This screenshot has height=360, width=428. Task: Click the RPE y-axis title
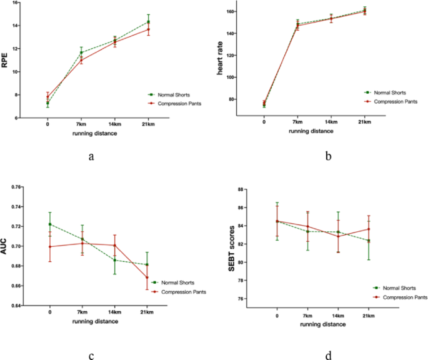pos(4,60)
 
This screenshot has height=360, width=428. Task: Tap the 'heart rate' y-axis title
pos(220,58)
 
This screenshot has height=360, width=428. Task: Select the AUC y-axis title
pos(4,247)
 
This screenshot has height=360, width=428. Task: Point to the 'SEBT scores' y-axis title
pos(231,248)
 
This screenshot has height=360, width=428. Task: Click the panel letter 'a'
pos(91,156)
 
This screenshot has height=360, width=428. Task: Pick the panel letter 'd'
pos(329,355)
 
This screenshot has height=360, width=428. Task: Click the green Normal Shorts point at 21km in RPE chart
pos(148,22)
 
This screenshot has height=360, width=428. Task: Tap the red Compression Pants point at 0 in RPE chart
pos(47,97)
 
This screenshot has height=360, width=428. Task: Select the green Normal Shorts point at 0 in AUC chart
pos(50,224)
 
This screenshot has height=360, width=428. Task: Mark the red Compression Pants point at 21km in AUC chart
pos(147,277)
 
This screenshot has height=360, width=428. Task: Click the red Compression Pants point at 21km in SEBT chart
pos(369,229)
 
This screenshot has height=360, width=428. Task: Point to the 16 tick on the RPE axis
pos(15,2)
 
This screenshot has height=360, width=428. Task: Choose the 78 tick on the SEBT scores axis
pos(241,281)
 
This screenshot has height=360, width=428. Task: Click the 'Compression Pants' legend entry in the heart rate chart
pos(391,102)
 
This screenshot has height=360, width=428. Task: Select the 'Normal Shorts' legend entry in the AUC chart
pos(173,282)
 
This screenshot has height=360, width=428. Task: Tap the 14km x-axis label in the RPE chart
pos(114,124)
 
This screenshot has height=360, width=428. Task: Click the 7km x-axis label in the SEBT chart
pos(307,316)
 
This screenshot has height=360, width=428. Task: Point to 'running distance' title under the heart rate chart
pos(311,131)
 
